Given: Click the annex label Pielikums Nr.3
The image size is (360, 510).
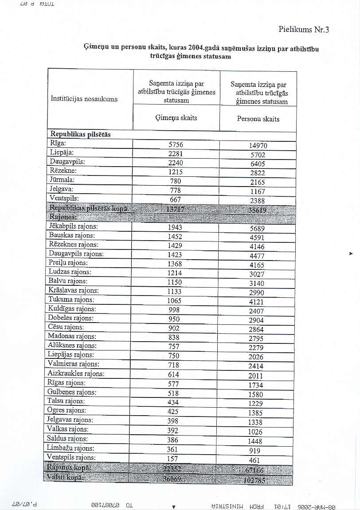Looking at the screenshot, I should coord(304,30).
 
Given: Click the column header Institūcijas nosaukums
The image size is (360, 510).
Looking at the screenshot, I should coord(84,99).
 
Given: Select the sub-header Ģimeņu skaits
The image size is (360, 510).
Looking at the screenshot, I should coord(176,118).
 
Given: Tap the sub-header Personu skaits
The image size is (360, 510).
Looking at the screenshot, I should coord(258,119).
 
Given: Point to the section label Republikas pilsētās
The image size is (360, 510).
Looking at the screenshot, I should coord(80,134).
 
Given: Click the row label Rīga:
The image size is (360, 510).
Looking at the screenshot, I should coord(58,143).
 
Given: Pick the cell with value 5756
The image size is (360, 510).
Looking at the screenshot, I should coord(176,145).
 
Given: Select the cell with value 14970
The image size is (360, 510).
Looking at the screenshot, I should coord(258,146).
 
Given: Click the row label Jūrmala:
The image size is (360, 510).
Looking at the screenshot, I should coord(62,180).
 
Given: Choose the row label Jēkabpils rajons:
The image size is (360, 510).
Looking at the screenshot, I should coord(73,226).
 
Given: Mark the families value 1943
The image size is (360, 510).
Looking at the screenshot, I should coord(175,227).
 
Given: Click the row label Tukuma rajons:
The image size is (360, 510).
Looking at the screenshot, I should coord(70,300).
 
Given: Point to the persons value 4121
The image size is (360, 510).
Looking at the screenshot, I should coord(256,302).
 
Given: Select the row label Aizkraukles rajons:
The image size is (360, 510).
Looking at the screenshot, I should coord(76,374).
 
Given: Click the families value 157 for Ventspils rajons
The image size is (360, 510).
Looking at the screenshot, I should coord(173,459).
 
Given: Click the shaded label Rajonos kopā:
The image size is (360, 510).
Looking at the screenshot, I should coord(69,467).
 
